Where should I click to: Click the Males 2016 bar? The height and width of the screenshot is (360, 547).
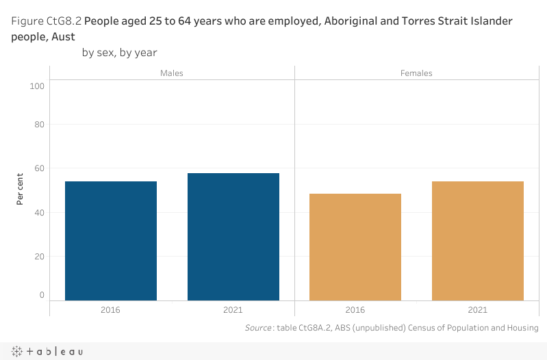click(x=111, y=240)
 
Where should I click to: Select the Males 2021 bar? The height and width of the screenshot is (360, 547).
click(x=233, y=236)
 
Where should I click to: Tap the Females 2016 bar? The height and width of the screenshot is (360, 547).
click(x=355, y=246)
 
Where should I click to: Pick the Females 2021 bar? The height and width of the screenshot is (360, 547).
click(x=478, y=240)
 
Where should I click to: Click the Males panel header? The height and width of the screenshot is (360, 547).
click(x=172, y=73)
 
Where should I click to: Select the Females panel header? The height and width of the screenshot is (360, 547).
click(x=416, y=73)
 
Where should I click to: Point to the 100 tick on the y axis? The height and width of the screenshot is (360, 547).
click(x=37, y=86)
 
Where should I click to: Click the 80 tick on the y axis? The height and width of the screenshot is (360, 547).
click(x=39, y=125)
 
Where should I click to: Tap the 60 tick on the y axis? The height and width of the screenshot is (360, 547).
click(x=39, y=168)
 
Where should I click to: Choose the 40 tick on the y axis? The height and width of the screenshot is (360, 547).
click(x=39, y=212)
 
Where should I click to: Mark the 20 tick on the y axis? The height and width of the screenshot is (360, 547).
click(x=39, y=256)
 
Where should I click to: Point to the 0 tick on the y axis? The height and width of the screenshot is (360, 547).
click(x=41, y=295)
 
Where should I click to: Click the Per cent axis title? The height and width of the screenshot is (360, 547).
click(x=21, y=188)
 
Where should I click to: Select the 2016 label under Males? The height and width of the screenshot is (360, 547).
click(x=111, y=310)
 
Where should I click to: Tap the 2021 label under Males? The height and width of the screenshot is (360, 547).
click(x=233, y=310)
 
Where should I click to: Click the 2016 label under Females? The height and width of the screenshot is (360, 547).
click(x=355, y=310)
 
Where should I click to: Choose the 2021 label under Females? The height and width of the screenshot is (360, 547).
click(x=478, y=310)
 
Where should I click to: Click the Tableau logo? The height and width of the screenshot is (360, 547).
click(x=48, y=351)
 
